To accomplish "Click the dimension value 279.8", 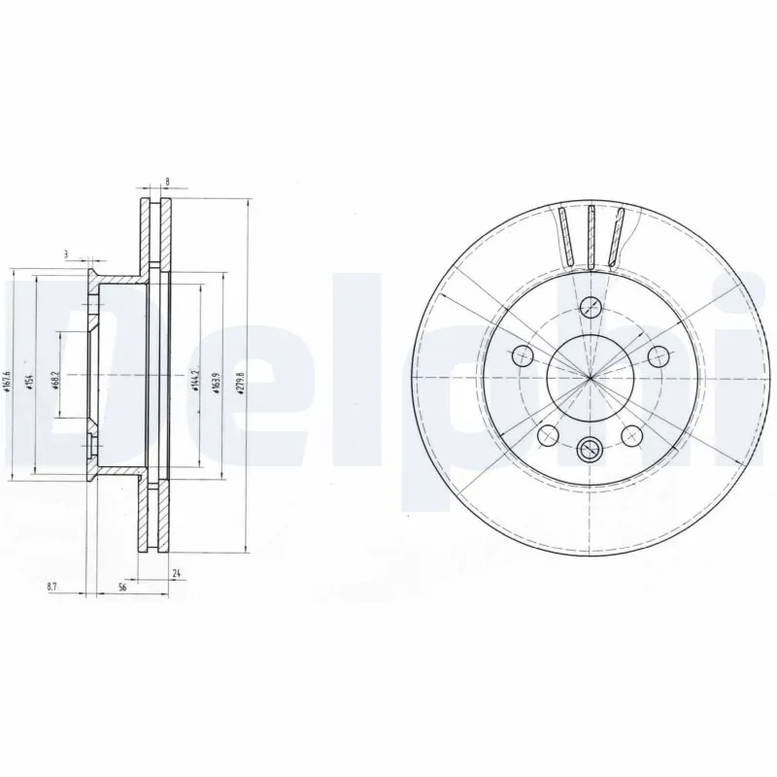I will (x=241, y=377).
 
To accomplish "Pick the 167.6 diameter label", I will (x=7, y=377).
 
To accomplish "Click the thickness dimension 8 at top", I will (x=169, y=182).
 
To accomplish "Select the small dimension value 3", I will (x=67, y=254).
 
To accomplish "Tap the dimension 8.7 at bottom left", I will (x=51, y=587).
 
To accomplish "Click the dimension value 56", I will (x=123, y=587).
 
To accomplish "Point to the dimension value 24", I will (x=176, y=573).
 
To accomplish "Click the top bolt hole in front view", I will (x=589, y=309).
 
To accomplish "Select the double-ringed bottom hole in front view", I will (x=589, y=448).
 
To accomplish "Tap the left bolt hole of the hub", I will (x=522, y=354).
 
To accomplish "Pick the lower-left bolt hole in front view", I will (x=547, y=434).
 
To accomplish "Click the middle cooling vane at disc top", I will (x=589, y=235).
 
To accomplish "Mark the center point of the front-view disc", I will (x=589, y=377).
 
